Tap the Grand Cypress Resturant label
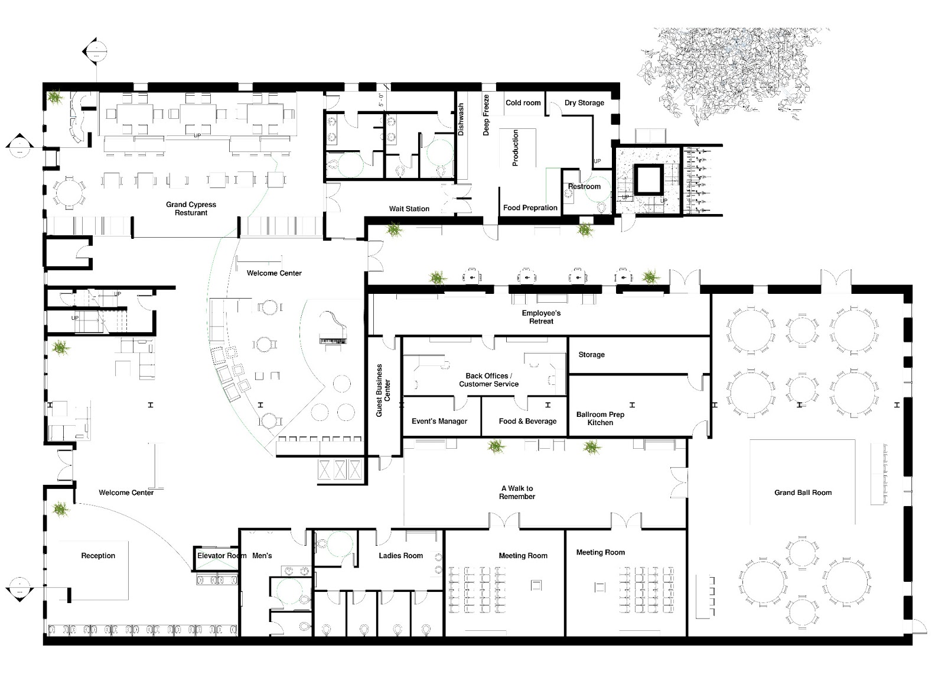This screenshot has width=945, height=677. point(191,209)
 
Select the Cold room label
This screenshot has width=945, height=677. point(523,103)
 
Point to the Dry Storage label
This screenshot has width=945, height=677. point(584,103)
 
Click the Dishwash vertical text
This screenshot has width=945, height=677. point(461,120)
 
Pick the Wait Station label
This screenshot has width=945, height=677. point(409,209)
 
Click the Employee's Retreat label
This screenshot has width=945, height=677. point(541,317)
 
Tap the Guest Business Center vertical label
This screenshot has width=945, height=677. point(383,390)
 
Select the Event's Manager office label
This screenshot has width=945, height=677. point(439,422)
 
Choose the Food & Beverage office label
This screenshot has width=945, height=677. point(527,422)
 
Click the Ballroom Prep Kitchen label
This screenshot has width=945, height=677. point(600,419)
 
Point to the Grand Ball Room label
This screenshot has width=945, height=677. point(803,493)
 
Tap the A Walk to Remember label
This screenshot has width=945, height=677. point(517,493)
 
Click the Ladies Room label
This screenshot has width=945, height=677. point(400,556)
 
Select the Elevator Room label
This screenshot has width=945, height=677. point(221,556)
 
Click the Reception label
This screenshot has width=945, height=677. point(98,556)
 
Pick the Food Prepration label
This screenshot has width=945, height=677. point(530,208)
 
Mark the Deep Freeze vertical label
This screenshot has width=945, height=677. point(487,115)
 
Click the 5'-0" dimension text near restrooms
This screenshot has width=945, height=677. point(381,100)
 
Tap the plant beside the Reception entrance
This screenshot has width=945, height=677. point(60,508)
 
